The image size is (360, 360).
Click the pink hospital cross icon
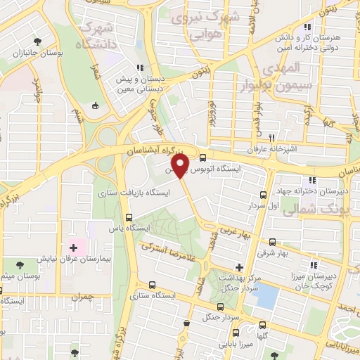[73, 248]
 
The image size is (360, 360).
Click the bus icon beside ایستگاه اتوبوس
[203, 158]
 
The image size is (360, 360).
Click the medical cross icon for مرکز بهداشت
[239, 267]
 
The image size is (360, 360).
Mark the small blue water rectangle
[266, 297]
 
